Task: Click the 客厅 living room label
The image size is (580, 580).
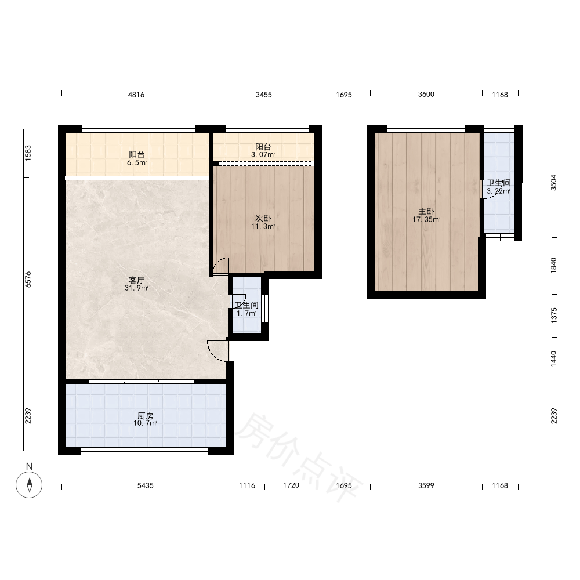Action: (x=136, y=280)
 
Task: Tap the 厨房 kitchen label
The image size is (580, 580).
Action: (x=146, y=416)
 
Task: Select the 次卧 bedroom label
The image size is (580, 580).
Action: (x=263, y=218)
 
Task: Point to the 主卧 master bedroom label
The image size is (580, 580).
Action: (x=426, y=211)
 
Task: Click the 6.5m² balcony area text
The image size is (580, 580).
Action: (x=137, y=163)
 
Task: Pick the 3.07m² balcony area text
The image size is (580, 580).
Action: (x=263, y=155)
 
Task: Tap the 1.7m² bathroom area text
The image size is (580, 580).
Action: (x=246, y=314)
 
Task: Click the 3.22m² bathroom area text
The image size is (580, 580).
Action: (x=498, y=191)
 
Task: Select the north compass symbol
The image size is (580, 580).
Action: (x=29, y=484)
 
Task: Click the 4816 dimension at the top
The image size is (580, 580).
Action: (x=136, y=95)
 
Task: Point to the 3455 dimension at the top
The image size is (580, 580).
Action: (x=264, y=95)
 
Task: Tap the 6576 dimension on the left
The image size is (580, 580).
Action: (x=28, y=280)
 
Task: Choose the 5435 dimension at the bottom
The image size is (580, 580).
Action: (x=146, y=485)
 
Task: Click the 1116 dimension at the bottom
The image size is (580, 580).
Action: (x=247, y=485)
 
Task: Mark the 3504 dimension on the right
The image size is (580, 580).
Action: (x=553, y=183)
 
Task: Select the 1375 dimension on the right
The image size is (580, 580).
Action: (x=553, y=316)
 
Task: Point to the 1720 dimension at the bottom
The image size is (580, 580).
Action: (x=291, y=485)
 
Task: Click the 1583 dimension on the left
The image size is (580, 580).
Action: (x=28, y=153)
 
